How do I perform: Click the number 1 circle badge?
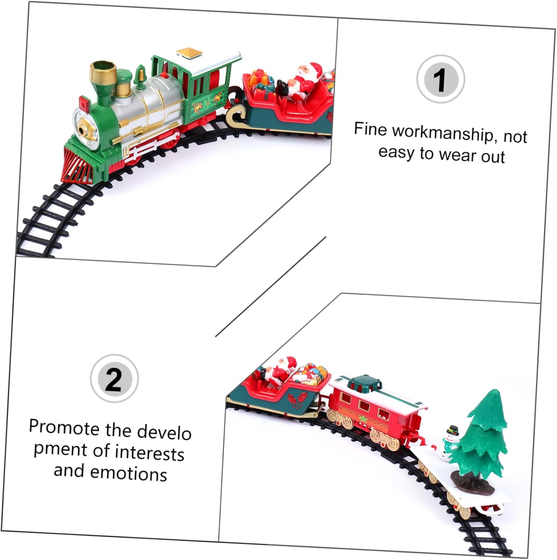pyautogui.click(x=441, y=79)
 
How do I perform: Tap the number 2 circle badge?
pyautogui.click(x=114, y=379)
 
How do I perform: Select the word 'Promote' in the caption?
pyautogui.click(x=65, y=427)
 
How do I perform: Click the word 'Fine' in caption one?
pyautogui.click(x=370, y=129)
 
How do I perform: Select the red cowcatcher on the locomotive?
pyautogui.click(x=78, y=165)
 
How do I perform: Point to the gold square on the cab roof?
pyautogui.click(x=189, y=53)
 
